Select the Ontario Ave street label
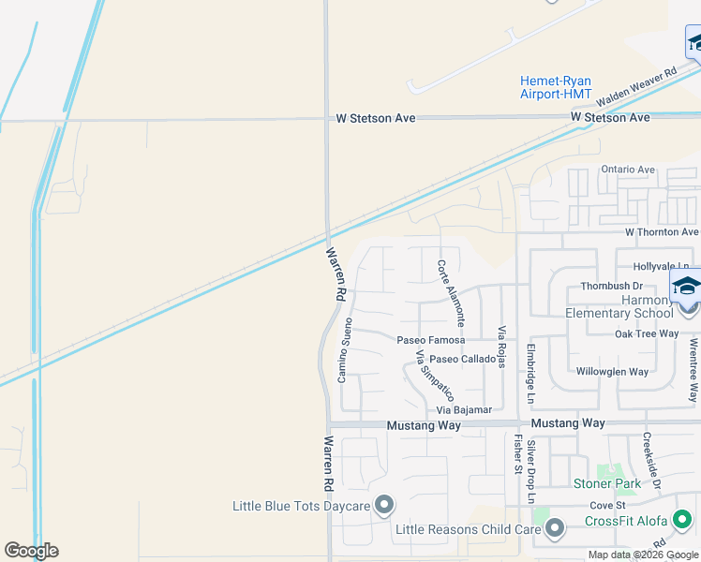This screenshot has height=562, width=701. [x=628, y=170]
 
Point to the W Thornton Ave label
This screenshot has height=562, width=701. [x=662, y=231]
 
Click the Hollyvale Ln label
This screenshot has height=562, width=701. [x=666, y=267]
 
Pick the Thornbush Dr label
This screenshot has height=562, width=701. [x=611, y=286]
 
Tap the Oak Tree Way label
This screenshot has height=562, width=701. [x=647, y=333]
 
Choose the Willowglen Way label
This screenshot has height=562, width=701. [x=612, y=372]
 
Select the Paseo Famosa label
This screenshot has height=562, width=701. [x=431, y=340]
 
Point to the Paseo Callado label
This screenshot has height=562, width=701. [x=464, y=360]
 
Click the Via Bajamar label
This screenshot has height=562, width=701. [x=464, y=411]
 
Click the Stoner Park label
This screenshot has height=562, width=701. [x=607, y=484]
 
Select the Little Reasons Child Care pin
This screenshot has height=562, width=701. [x=555, y=528]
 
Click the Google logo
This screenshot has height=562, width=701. [x=31, y=551]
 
